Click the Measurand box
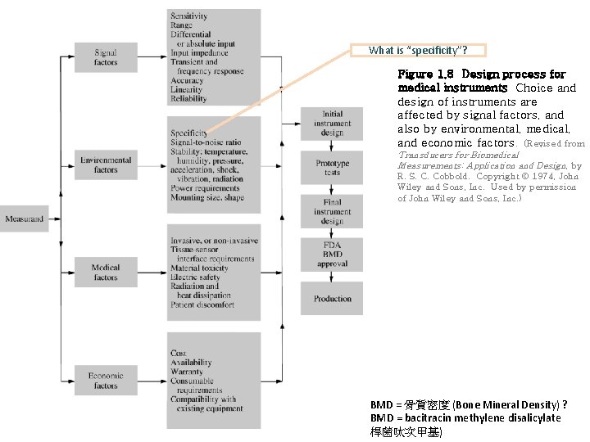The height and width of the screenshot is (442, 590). point(25,219)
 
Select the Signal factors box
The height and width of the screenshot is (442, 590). point(106,57)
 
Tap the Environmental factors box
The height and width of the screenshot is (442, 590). point(106,165)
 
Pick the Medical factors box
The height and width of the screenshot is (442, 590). point(106,273)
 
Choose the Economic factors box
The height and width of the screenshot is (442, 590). point(106,381)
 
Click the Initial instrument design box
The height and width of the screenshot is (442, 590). point(332,123)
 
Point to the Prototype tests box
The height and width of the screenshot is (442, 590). point(332,168)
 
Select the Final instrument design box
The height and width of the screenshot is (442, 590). point(332,211)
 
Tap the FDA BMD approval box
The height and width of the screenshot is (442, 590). point(332,255)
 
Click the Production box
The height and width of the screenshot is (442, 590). point(332,299)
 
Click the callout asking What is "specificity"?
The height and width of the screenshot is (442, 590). point(418,50)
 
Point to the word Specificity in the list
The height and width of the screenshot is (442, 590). point(189,133)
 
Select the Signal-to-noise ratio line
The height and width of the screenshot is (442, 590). point(206,142)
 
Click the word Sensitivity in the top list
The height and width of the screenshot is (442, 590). point(189,16)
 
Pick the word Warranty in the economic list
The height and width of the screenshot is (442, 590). point(188,372)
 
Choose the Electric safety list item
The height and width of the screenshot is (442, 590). point(197,277)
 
